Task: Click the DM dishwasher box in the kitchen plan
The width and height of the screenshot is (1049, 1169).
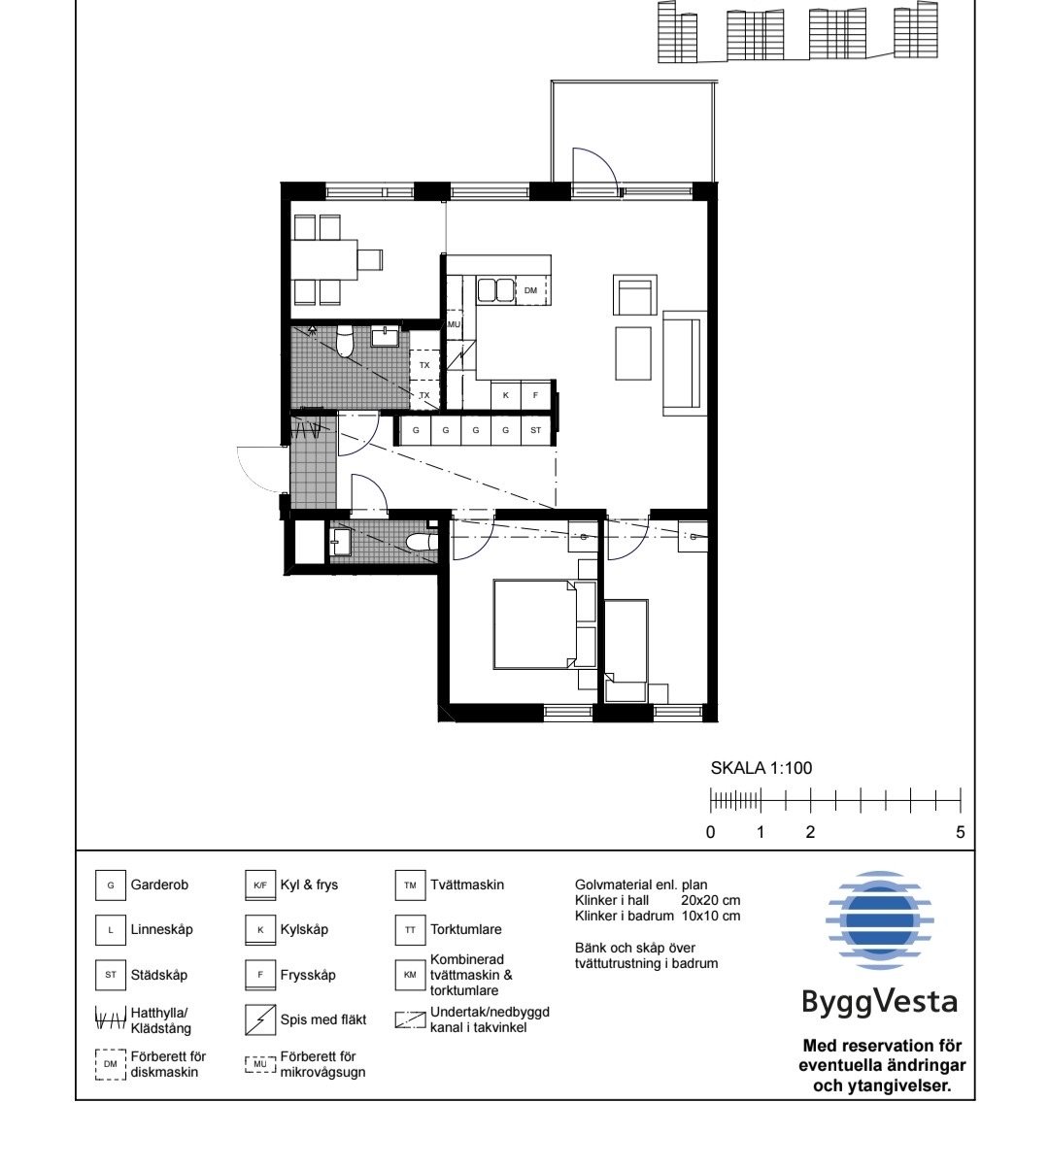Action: (x=530, y=290)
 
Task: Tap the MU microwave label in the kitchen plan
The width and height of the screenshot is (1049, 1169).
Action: (x=454, y=324)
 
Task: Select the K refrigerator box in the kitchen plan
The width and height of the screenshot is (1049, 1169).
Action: (x=506, y=395)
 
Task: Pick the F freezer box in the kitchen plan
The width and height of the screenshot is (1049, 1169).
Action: (x=536, y=395)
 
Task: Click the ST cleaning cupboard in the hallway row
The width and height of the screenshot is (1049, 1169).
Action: (x=536, y=430)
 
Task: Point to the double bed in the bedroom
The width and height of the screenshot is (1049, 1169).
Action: (x=535, y=624)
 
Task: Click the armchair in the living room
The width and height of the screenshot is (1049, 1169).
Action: (x=634, y=295)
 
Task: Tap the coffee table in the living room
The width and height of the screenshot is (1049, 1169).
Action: (x=632, y=353)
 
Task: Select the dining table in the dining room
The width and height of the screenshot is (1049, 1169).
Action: (x=323, y=259)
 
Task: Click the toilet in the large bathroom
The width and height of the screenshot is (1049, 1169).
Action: (x=345, y=341)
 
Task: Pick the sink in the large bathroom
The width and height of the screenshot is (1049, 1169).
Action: (x=385, y=336)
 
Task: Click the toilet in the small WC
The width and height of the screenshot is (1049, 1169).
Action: (x=422, y=543)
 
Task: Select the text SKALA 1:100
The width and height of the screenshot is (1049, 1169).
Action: (x=761, y=768)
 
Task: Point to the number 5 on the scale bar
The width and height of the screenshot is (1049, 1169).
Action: (x=960, y=832)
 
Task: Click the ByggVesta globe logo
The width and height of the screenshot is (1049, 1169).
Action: (x=879, y=920)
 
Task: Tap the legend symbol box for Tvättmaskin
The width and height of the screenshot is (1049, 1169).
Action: (x=410, y=885)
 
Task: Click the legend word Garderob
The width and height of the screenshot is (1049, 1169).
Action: (x=159, y=885)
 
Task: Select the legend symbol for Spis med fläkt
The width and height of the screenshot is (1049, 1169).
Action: (x=259, y=1019)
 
